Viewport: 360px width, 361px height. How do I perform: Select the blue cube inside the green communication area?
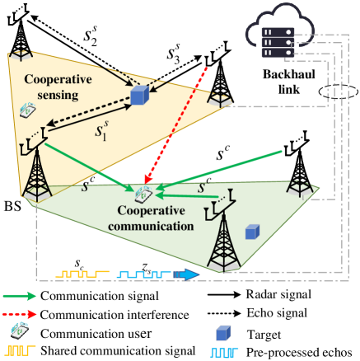click(x=252, y=232)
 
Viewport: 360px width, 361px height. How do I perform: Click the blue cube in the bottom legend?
click(x=222, y=333)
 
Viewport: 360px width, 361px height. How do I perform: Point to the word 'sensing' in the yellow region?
click(x=51, y=95)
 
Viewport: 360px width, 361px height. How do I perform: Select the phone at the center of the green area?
click(x=143, y=195)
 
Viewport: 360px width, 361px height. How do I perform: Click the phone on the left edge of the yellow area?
click(x=26, y=110)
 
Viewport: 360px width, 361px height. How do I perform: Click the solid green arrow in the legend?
click(x=21, y=295)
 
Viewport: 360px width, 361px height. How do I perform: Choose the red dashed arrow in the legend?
click(x=21, y=313)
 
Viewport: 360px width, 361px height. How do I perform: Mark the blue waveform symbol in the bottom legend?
click(x=223, y=352)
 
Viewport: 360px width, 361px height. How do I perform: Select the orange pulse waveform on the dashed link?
click(x=82, y=273)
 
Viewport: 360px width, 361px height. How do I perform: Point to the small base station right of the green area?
click(x=300, y=185)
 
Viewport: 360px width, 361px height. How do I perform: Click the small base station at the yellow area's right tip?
click(x=219, y=98)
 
